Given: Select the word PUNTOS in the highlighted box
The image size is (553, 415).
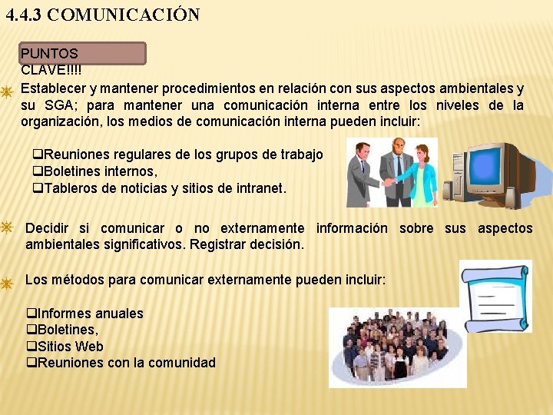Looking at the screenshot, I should point(49,54).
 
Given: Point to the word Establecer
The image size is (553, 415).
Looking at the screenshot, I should point(55,88).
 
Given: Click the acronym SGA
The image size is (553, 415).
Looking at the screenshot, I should point(58,105).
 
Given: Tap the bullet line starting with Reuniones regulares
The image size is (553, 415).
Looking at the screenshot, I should point(177,154).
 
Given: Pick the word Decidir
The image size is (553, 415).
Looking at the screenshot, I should point(47,228).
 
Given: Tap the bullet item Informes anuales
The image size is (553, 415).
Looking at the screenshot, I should point(85,314).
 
